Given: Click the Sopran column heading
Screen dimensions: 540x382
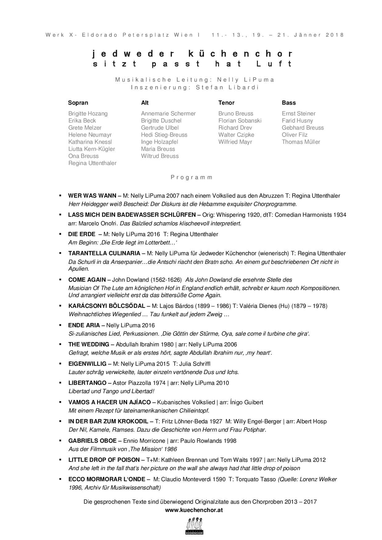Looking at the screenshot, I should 78,103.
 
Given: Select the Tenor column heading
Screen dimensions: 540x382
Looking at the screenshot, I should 226,103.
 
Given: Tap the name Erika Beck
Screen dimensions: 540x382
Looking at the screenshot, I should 82,121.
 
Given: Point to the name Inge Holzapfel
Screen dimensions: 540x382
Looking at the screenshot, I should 159,142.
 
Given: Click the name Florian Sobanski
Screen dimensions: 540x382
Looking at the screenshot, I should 240,121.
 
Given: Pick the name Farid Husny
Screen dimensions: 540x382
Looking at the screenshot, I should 297,121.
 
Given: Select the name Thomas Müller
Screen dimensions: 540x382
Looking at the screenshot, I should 301,142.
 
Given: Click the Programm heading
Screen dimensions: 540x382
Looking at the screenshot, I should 192,177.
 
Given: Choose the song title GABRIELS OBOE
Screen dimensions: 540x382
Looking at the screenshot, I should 92,441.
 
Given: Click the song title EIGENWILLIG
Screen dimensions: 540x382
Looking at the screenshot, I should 87,364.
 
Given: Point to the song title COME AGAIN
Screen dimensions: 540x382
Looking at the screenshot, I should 87,280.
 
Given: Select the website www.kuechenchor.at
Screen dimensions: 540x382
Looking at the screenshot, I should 194,510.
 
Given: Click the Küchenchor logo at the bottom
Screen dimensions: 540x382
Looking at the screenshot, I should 194,526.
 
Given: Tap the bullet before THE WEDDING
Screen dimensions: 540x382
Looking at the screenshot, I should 61,344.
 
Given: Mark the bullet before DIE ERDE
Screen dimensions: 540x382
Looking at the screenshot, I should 61,234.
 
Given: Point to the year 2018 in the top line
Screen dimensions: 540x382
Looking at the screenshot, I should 335,35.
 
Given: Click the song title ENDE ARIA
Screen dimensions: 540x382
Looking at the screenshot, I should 84,325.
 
